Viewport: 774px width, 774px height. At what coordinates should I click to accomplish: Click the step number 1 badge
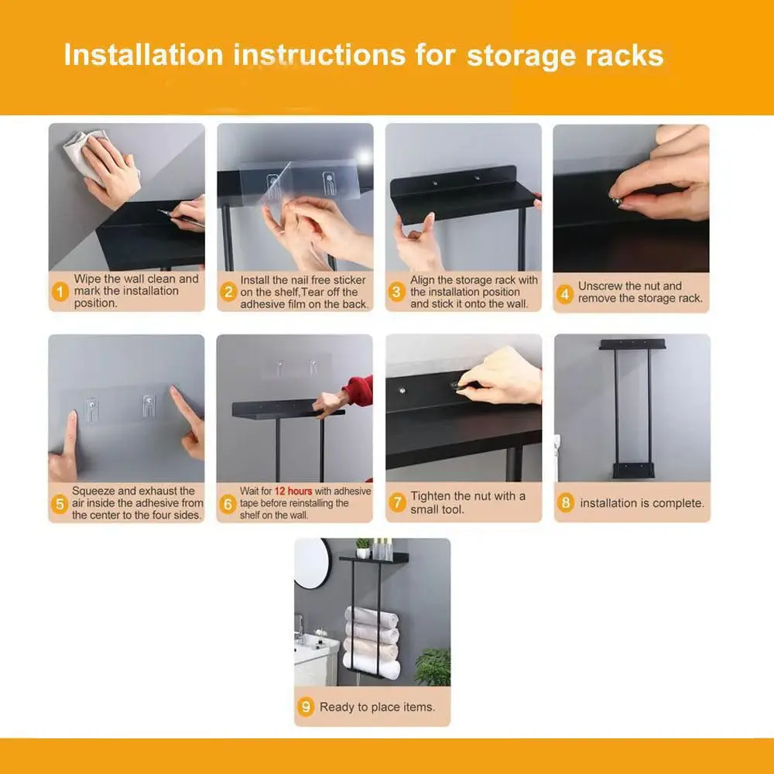coord(60,292)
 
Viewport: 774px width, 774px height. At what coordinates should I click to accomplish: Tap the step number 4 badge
coord(565,295)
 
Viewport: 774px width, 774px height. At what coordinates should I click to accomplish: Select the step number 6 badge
coord(228,505)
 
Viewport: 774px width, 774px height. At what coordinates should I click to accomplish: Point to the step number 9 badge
coord(306,707)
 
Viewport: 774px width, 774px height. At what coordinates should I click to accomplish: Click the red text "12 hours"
coord(293,491)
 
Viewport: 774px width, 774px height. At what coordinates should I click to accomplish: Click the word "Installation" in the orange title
coord(144,55)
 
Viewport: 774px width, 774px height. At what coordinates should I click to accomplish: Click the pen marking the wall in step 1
coord(180,218)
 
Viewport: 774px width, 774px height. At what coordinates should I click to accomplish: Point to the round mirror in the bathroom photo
coord(312,563)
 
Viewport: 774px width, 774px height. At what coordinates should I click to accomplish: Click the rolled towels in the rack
coord(372,642)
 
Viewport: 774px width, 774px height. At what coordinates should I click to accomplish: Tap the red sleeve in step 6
coord(359,390)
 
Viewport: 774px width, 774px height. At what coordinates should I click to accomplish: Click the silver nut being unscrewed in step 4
coord(616,201)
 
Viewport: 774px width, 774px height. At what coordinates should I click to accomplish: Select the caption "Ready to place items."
coord(378,707)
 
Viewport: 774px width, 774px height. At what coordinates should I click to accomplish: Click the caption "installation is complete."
coord(642,503)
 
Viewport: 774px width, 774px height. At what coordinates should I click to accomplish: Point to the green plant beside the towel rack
coord(433,666)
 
